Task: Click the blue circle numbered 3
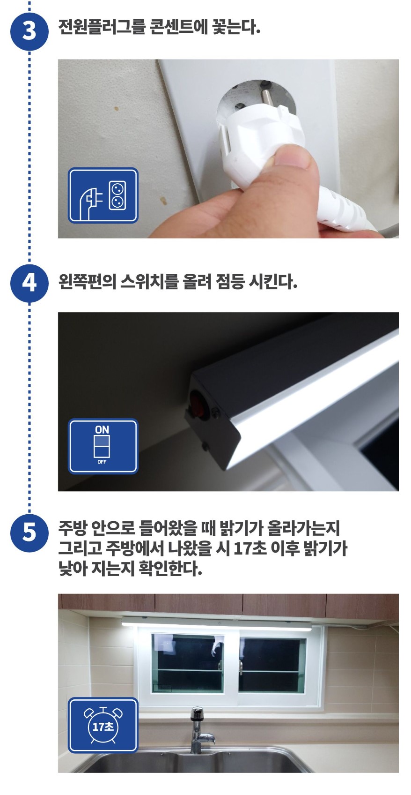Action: coord(29,31)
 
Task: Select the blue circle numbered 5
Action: coord(29,532)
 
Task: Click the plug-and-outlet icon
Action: coord(103,195)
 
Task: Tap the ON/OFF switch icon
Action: coord(103,446)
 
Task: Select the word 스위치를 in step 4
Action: coord(149,282)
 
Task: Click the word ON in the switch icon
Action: coord(102,430)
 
